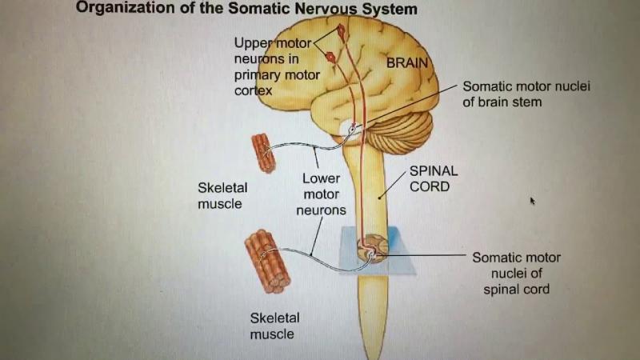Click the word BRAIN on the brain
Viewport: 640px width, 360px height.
pos(407,62)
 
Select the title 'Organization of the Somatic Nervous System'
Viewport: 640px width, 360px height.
pos(246,10)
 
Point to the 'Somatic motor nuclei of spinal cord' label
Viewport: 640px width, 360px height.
pos(516,273)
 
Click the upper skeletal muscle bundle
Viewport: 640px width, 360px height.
pos(263,151)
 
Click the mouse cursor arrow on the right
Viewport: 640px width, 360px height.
pos(531,201)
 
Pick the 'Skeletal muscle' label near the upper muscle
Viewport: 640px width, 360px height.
pos(222,195)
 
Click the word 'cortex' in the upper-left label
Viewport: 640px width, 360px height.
pos(254,90)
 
